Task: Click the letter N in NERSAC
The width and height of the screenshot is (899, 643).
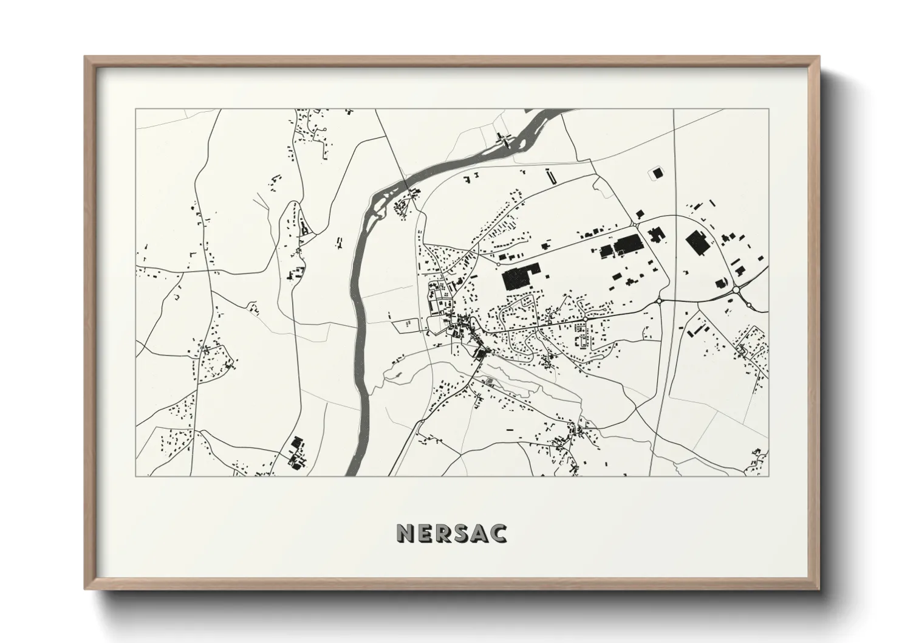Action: pos(406,533)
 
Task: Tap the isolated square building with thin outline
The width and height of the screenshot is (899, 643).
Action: pos(657,173)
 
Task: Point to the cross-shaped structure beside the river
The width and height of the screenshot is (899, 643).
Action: pos(504,139)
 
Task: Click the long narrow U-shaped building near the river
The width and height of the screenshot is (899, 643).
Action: pos(550,177)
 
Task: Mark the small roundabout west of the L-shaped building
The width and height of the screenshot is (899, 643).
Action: pos(498,264)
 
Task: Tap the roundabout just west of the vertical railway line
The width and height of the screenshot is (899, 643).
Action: pos(658,300)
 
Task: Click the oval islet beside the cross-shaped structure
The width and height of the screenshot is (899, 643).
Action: pos(521,142)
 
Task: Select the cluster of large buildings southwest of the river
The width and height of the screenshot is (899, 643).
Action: pos(296,453)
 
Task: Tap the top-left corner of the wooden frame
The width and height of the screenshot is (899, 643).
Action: pos(86,58)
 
